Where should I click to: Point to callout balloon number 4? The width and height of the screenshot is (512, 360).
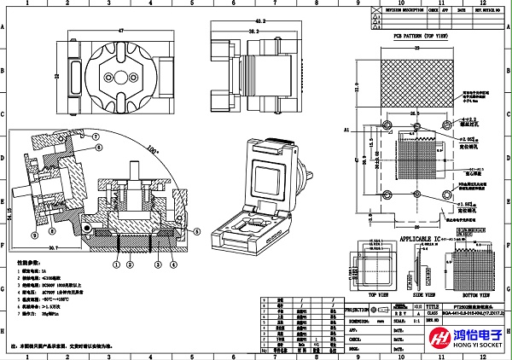(173, 264)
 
